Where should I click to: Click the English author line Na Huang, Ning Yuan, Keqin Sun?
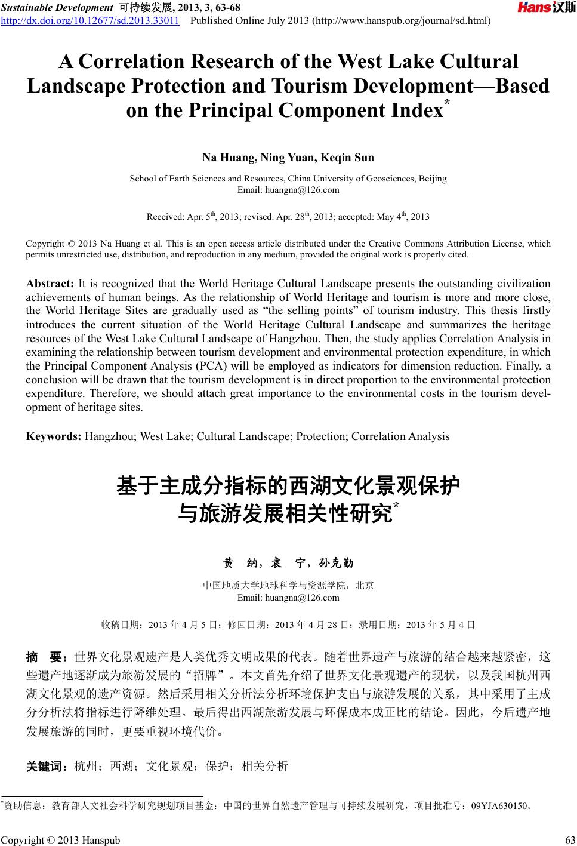tap(288, 158)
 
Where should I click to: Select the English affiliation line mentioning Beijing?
tap(288, 179)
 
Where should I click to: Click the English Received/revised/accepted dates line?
tap(288, 217)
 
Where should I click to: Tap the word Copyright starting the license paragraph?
tap(47, 244)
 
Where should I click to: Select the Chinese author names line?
tap(288, 563)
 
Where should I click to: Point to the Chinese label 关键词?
tap(47, 766)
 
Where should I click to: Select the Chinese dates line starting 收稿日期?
tap(288, 625)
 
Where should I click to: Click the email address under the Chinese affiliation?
tap(288, 598)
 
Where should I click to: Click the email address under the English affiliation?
tap(288, 190)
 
